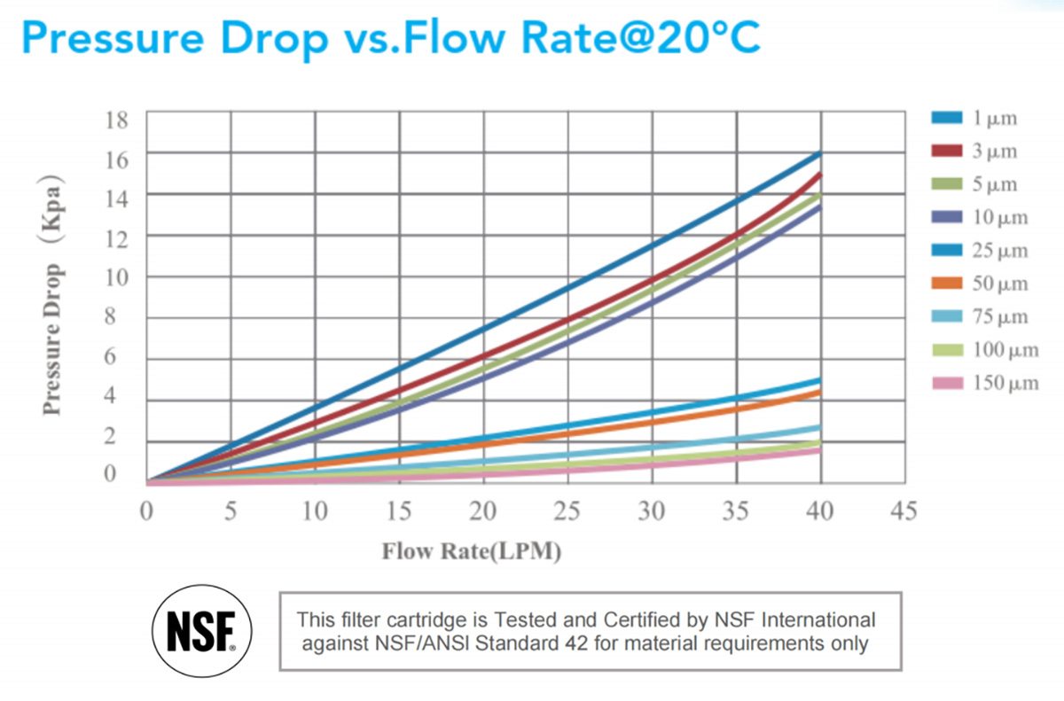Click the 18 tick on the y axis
(x=117, y=118)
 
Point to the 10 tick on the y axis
(x=117, y=277)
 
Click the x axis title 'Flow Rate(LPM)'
(x=472, y=551)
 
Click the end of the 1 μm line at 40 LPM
(x=819, y=155)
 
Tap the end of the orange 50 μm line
(x=819, y=392)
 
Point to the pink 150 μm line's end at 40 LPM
(x=819, y=450)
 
